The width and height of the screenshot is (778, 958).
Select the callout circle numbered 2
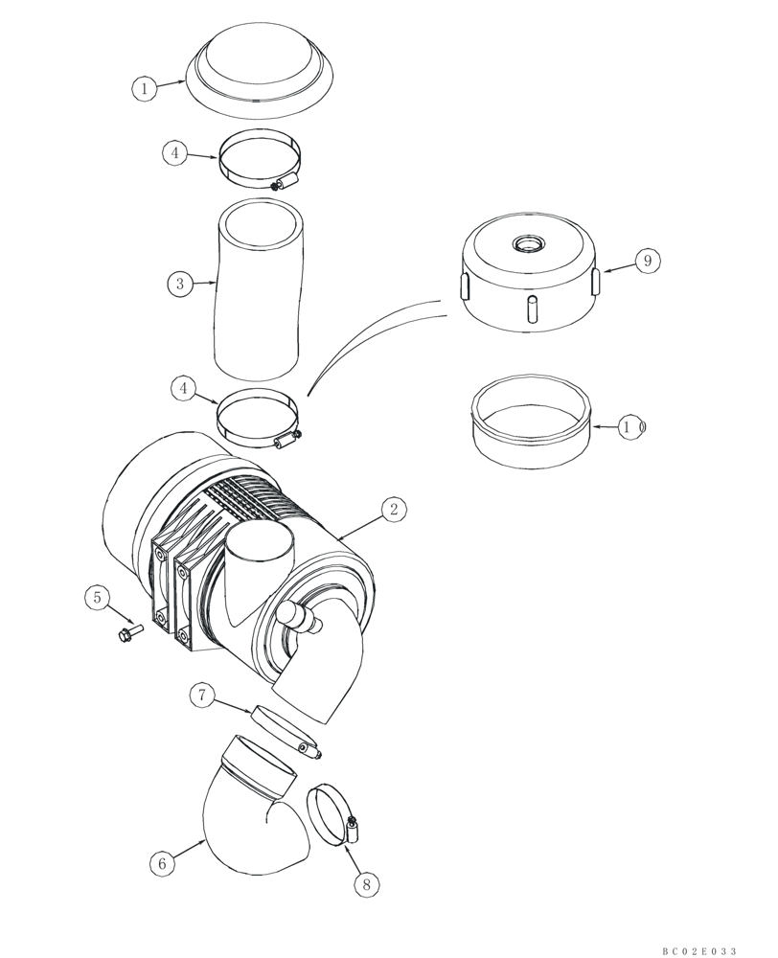click(393, 510)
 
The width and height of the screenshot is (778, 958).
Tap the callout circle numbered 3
click(178, 284)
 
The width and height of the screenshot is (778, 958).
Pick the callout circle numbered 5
click(97, 599)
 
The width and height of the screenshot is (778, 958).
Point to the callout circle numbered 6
click(162, 863)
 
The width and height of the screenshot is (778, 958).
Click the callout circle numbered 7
click(201, 696)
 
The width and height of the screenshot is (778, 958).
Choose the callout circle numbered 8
click(365, 885)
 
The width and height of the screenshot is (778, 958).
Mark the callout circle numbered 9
click(648, 260)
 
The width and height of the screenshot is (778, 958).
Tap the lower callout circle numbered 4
click(183, 388)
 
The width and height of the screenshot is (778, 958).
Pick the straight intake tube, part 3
click(259, 287)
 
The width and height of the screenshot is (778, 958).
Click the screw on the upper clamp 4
click(286, 182)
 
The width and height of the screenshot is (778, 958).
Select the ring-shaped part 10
click(529, 431)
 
